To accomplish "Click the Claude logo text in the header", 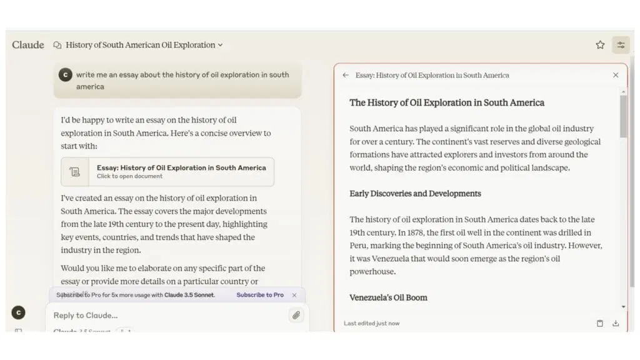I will [x=28, y=45].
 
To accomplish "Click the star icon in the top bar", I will [x=600, y=45].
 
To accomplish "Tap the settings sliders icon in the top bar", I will [x=621, y=45].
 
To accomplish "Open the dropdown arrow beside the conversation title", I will [x=220, y=45].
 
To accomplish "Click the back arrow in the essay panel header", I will [x=346, y=75].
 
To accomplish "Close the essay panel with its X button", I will [x=616, y=75].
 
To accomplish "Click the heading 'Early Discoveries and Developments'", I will [x=415, y=194].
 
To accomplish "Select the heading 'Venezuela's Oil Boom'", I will [x=388, y=297].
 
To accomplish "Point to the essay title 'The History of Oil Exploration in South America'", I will [x=446, y=102].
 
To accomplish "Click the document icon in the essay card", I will [x=75, y=172].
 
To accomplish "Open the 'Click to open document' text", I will [x=129, y=176].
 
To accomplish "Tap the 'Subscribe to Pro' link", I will [x=260, y=295].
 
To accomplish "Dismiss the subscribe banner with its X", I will [x=294, y=295].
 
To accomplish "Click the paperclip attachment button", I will [x=296, y=315].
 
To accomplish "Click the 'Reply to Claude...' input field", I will [x=162, y=315].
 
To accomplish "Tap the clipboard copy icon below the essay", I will [x=600, y=323].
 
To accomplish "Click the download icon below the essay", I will [x=616, y=323].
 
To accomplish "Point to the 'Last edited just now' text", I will [x=371, y=323].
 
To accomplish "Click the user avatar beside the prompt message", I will [x=65, y=75].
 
